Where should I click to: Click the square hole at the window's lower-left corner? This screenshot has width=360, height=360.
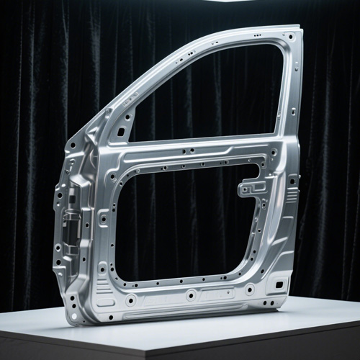(121, 133)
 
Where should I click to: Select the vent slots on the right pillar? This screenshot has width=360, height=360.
(291, 195)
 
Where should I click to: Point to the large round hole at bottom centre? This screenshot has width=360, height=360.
(191, 294)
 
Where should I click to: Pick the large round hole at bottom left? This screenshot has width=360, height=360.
(131, 300)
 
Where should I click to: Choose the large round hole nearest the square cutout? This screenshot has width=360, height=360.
(249, 289)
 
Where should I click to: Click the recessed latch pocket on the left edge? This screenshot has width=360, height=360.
(70, 223)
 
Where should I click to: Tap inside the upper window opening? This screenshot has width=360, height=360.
(209, 94)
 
